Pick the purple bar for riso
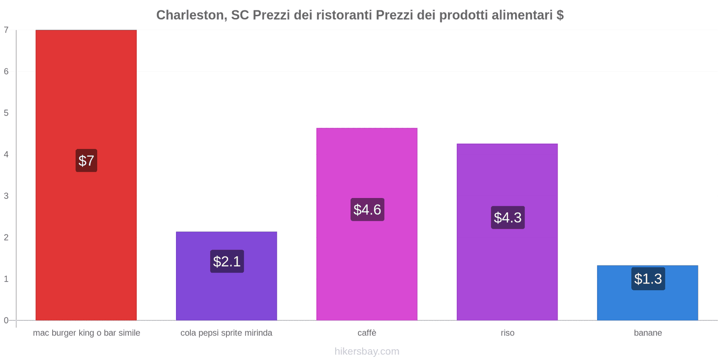click(507, 180)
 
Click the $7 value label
click(86, 161)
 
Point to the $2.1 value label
click(227, 261)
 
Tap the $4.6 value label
click(367, 210)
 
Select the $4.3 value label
click(508, 218)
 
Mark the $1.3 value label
click(648, 279)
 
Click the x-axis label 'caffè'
click(367, 333)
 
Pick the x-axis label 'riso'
click(507, 333)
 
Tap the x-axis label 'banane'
click(648, 333)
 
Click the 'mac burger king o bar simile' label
click(86, 333)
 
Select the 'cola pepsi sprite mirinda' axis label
click(226, 333)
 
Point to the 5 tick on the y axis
click(6, 113)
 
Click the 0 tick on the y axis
click(6, 320)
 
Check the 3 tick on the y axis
click(6, 196)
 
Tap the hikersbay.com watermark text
click(367, 351)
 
